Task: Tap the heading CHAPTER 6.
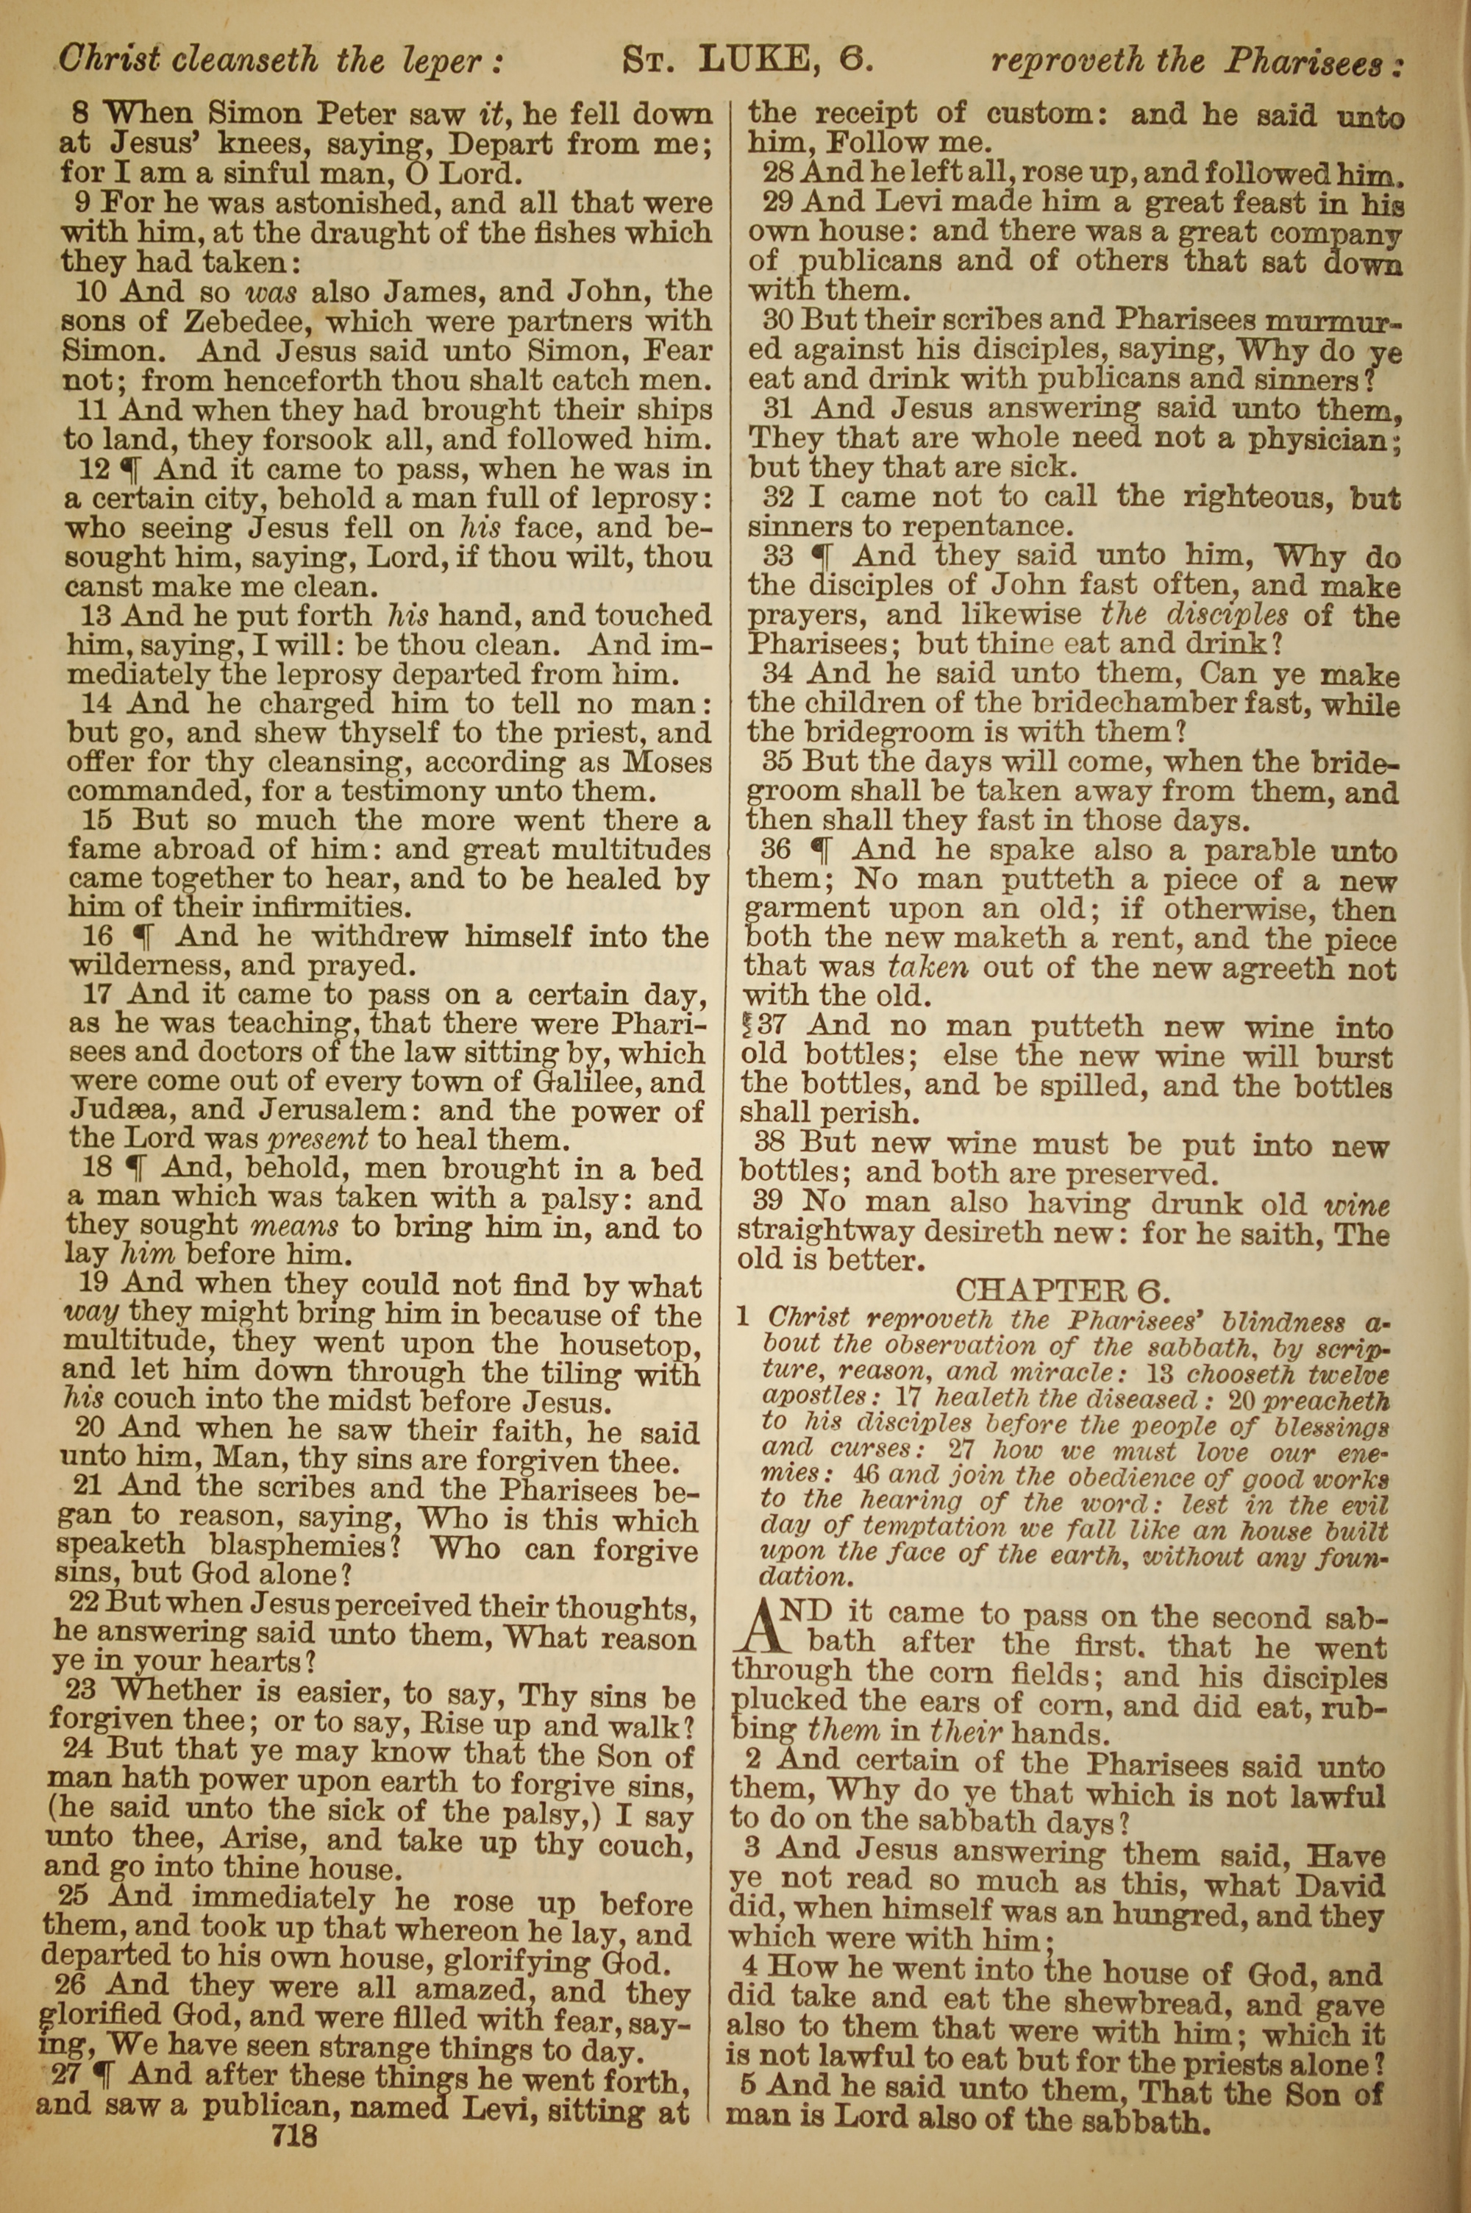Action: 1062,1291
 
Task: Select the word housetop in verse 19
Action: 630,1344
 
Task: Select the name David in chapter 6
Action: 1342,1886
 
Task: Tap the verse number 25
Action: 73,1896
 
